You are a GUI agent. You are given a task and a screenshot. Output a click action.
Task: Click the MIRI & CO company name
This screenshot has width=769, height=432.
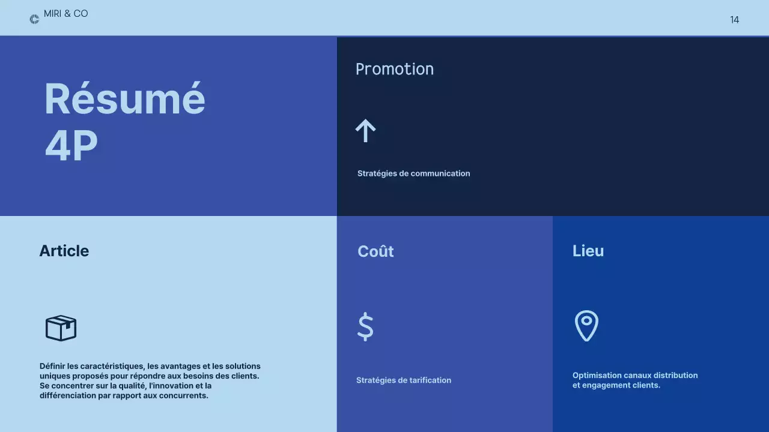pos(66,14)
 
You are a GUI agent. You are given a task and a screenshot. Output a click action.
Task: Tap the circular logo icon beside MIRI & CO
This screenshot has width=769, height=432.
pos(34,19)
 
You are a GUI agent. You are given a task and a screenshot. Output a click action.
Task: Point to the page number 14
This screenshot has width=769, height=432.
pos(734,20)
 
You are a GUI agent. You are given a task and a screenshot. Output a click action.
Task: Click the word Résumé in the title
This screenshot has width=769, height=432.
pos(125,99)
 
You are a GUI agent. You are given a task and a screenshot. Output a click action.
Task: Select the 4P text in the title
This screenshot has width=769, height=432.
pos(71,146)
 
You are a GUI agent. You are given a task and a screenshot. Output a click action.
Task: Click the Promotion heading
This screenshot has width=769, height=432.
pos(395,69)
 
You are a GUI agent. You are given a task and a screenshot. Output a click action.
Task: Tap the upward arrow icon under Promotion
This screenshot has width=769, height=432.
pos(365,130)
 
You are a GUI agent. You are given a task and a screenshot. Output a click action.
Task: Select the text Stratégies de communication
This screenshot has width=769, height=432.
pos(413,173)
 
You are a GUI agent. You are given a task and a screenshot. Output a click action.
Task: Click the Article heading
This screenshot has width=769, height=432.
pos(64,251)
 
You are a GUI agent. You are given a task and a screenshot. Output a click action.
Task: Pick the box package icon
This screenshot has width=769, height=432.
pos(61,328)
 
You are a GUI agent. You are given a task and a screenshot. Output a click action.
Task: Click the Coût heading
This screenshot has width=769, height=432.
pos(375,251)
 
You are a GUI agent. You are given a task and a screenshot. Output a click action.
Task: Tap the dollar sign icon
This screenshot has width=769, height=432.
pos(365,327)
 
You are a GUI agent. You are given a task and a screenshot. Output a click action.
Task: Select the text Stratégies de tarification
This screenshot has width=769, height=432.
pos(404,380)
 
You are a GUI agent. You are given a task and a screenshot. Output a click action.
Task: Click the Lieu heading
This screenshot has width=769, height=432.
pos(588,251)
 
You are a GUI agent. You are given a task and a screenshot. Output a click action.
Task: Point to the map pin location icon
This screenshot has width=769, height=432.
pos(586,326)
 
